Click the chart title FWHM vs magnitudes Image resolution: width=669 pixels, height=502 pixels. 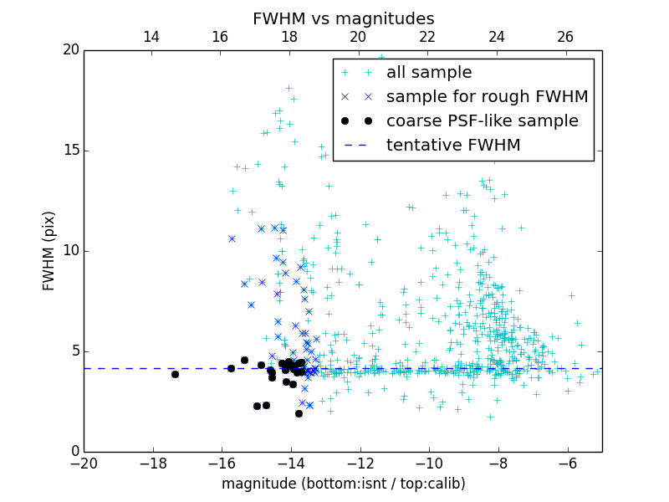point(343,18)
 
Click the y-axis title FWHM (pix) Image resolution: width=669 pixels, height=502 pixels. point(49,251)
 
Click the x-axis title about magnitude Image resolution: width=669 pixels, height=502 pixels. point(343,484)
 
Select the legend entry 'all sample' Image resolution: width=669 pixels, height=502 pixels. point(428,73)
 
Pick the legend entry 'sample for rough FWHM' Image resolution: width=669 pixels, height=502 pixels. point(487,97)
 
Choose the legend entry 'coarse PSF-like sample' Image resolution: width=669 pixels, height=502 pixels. point(482,121)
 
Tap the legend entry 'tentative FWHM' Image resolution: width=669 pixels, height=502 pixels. point(452,146)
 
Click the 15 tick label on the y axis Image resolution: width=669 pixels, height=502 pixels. point(69,151)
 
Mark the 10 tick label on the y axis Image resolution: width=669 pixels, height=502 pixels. point(69,251)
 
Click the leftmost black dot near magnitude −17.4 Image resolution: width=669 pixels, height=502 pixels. point(175,374)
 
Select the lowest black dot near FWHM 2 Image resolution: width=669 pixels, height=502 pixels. point(299,413)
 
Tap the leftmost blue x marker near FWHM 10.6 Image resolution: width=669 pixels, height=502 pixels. point(232,238)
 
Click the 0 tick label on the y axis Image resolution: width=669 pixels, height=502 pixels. point(74,452)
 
